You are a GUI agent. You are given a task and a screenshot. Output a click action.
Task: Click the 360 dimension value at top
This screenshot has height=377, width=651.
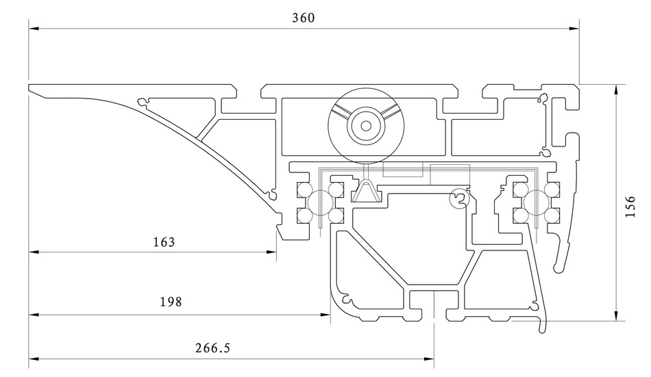(303, 18)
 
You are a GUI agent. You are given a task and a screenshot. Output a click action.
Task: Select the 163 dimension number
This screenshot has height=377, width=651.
(164, 242)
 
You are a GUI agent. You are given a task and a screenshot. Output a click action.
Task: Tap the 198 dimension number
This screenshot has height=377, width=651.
(171, 302)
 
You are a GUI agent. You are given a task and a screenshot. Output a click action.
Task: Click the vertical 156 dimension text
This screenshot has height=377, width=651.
(631, 203)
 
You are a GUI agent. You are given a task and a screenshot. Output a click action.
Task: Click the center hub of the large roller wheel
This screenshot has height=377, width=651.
(367, 125)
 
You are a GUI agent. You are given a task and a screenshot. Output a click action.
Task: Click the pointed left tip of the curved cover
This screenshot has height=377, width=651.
(30, 87)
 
